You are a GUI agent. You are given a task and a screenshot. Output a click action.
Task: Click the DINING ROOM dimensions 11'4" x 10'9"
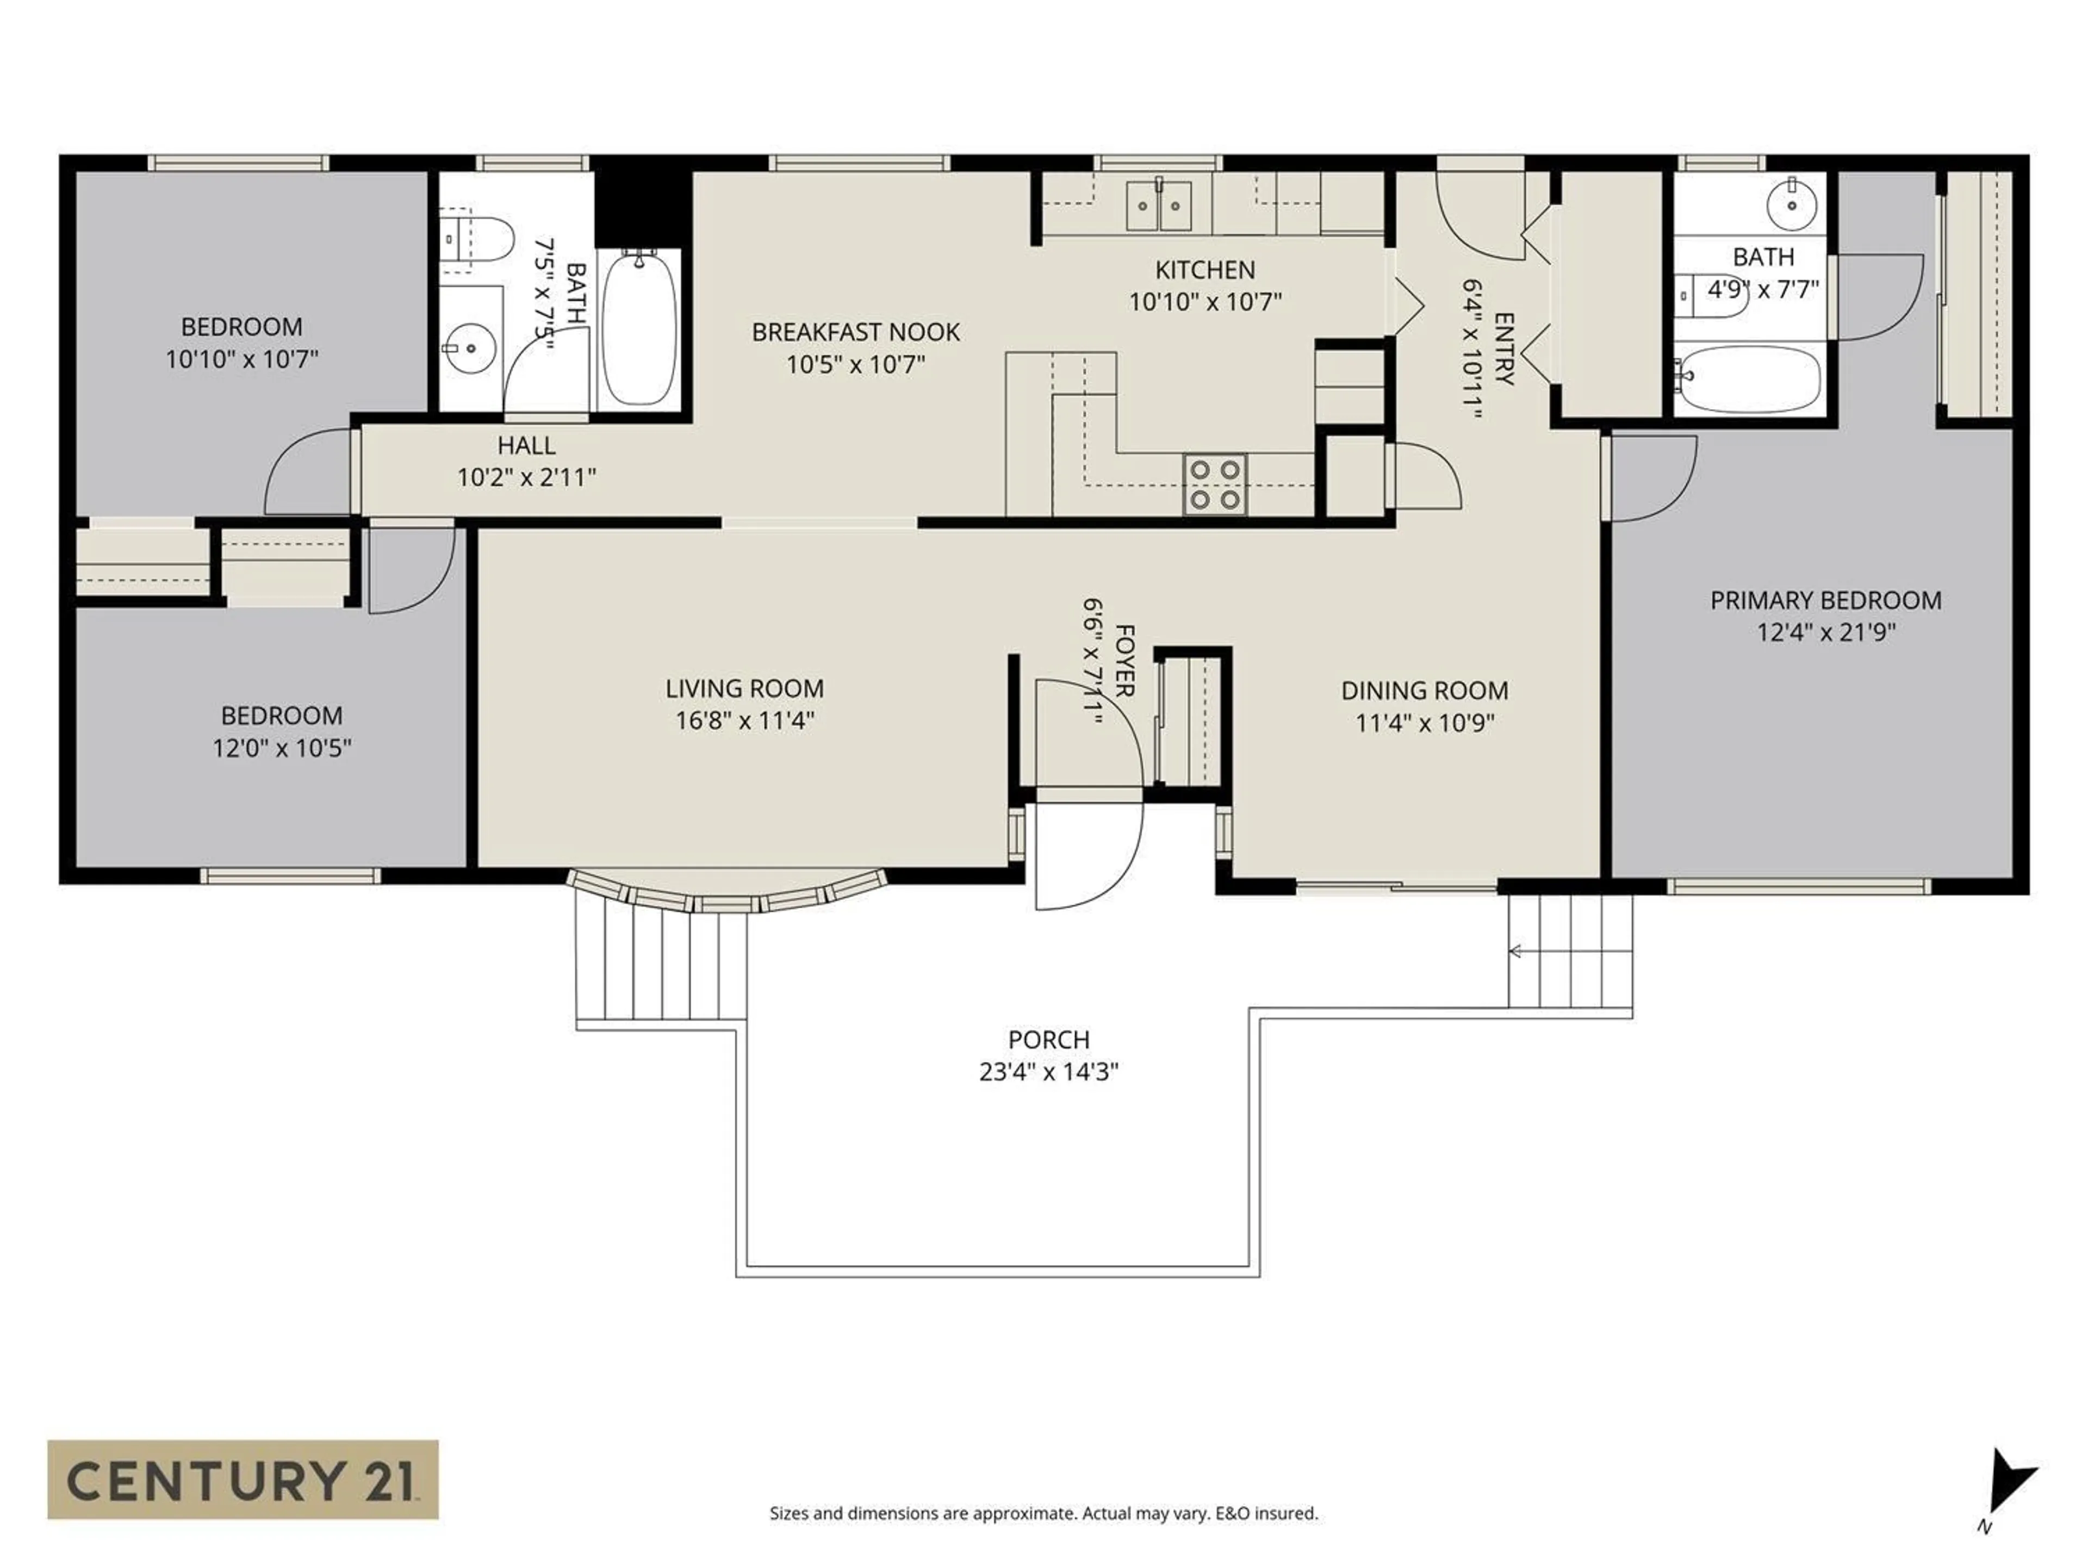(x=1425, y=723)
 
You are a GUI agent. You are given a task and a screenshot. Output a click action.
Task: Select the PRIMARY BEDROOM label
(x=1825, y=600)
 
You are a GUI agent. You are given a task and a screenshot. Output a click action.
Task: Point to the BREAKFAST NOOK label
(x=855, y=332)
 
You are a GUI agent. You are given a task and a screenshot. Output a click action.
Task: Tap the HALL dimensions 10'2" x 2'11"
(x=527, y=477)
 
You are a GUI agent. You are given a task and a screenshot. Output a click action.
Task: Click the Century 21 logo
(x=243, y=1478)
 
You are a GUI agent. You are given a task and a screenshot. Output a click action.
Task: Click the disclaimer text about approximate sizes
(x=1043, y=1513)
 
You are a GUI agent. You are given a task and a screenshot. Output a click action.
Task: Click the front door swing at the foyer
(x=1085, y=854)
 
